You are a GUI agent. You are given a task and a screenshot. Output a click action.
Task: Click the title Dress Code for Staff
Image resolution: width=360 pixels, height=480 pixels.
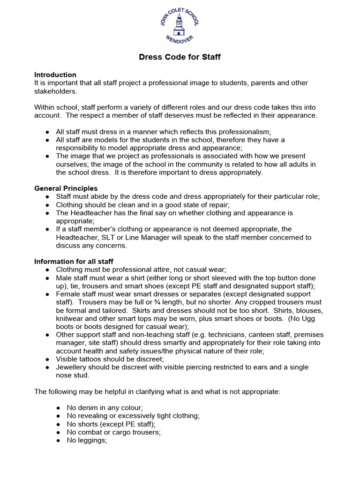click(180, 57)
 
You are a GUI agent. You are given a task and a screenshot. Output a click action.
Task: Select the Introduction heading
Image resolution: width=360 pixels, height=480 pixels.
click(55, 75)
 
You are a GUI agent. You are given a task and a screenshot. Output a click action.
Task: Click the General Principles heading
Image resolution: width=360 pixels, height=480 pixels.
click(66, 188)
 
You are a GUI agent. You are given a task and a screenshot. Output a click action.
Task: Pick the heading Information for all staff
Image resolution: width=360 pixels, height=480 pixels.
click(74, 261)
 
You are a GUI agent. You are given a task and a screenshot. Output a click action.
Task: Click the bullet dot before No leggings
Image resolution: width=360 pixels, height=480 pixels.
click(58, 441)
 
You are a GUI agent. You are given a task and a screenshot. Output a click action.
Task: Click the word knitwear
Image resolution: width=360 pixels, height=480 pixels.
click(71, 318)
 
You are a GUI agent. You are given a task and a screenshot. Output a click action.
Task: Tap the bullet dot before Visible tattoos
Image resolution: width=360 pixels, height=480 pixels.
click(48, 359)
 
